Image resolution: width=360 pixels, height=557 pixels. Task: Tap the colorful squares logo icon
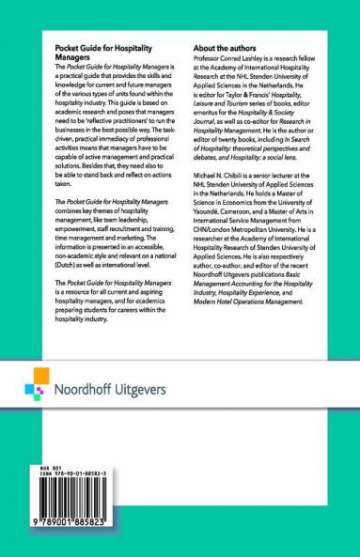[x=34, y=388]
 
